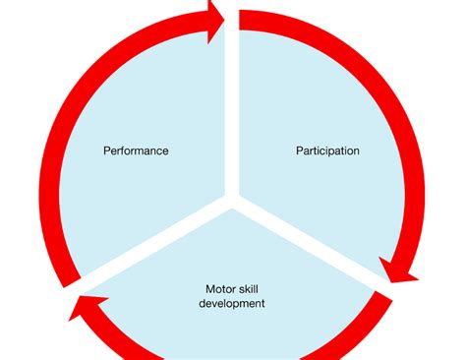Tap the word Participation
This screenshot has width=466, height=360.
point(327,151)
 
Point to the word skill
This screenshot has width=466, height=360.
point(252,289)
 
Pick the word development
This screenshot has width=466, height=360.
point(232,304)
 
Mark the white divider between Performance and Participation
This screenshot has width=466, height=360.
point(232,108)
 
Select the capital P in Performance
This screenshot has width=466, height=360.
point(106,151)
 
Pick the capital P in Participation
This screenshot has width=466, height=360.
point(300,151)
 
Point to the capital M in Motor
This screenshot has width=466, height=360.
point(208,289)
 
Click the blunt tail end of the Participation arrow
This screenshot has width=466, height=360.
point(242,20)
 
